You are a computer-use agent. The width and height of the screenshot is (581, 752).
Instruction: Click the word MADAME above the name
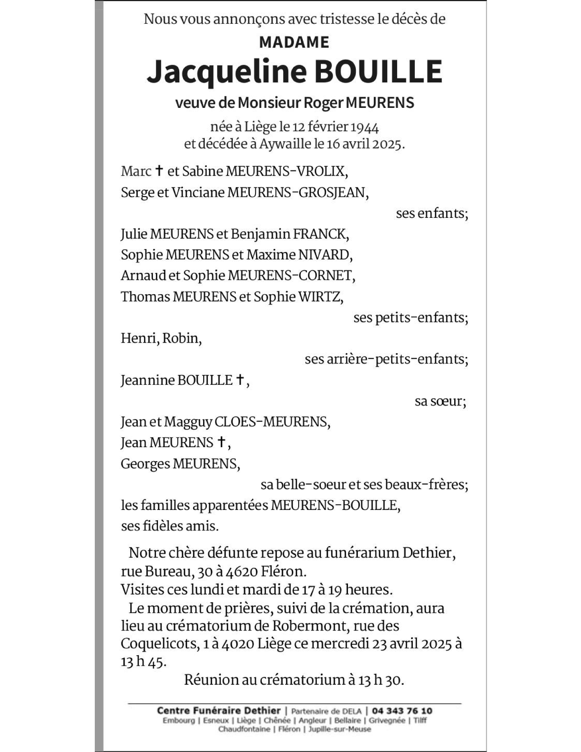pyautogui.click(x=294, y=42)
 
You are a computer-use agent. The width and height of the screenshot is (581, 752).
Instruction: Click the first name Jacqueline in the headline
pyautogui.click(x=226, y=71)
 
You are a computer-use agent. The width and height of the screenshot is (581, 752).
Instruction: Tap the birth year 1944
pyautogui.click(x=365, y=127)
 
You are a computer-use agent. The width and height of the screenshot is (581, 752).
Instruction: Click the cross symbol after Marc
pyautogui.click(x=160, y=171)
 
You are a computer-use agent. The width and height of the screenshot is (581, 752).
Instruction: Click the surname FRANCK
pyautogui.click(x=319, y=234)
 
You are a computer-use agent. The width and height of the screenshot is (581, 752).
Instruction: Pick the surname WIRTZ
pyautogui.click(x=319, y=297)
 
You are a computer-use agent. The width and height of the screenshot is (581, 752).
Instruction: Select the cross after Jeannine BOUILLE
pyautogui.click(x=240, y=379)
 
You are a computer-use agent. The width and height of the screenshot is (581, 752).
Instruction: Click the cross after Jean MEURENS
pyautogui.click(x=221, y=442)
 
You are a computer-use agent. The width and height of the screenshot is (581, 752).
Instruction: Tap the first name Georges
pyautogui.click(x=145, y=464)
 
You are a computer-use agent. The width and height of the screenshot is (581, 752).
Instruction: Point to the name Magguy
pyautogui.click(x=188, y=422)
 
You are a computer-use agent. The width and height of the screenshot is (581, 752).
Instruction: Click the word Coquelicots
pyautogui.click(x=159, y=644)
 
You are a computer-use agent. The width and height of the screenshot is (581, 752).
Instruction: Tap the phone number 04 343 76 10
pyautogui.click(x=402, y=711)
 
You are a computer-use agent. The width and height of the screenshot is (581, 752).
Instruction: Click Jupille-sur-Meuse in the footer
pyautogui.click(x=339, y=729)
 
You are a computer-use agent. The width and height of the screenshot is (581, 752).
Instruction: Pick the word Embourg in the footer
pyautogui.click(x=178, y=720)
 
